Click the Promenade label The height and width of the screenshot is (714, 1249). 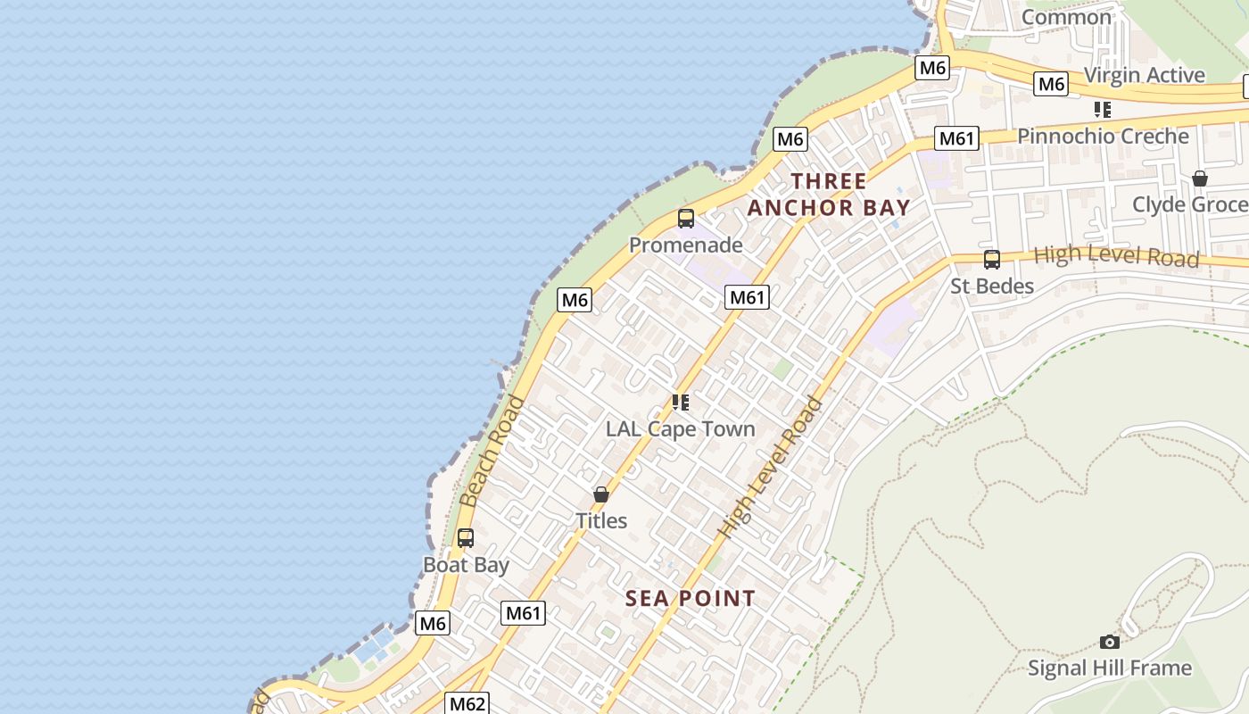pyautogui.click(x=685, y=245)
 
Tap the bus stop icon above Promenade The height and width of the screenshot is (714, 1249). pyautogui.click(x=685, y=219)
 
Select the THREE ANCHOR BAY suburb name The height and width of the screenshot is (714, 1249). pyautogui.click(x=829, y=195)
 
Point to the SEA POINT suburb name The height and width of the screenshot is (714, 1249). pyautogui.click(x=691, y=598)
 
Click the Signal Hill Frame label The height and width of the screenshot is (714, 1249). pyautogui.click(x=1109, y=668)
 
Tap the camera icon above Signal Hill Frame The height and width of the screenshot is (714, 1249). pyautogui.click(x=1109, y=642)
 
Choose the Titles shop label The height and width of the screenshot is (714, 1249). pyautogui.click(x=601, y=520)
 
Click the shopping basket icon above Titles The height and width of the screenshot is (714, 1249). pyautogui.click(x=601, y=494)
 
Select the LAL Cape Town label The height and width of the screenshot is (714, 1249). pyautogui.click(x=680, y=428)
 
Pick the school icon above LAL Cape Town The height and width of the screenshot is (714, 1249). pyautogui.click(x=681, y=403)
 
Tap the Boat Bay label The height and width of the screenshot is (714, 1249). pyautogui.click(x=466, y=565)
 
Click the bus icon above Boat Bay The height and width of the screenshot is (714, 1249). pyautogui.click(x=466, y=538)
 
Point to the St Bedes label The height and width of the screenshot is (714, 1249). pyautogui.click(x=991, y=286)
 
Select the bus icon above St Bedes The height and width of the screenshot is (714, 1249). pyautogui.click(x=991, y=260)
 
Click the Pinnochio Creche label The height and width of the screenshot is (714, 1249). pyautogui.click(x=1103, y=137)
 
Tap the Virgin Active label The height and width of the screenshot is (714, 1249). pyautogui.click(x=1144, y=75)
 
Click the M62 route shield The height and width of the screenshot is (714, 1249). pyautogui.click(x=467, y=703)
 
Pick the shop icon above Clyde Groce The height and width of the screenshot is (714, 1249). pyautogui.click(x=1200, y=178)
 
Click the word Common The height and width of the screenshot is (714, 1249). pyautogui.click(x=1066, y=17)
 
